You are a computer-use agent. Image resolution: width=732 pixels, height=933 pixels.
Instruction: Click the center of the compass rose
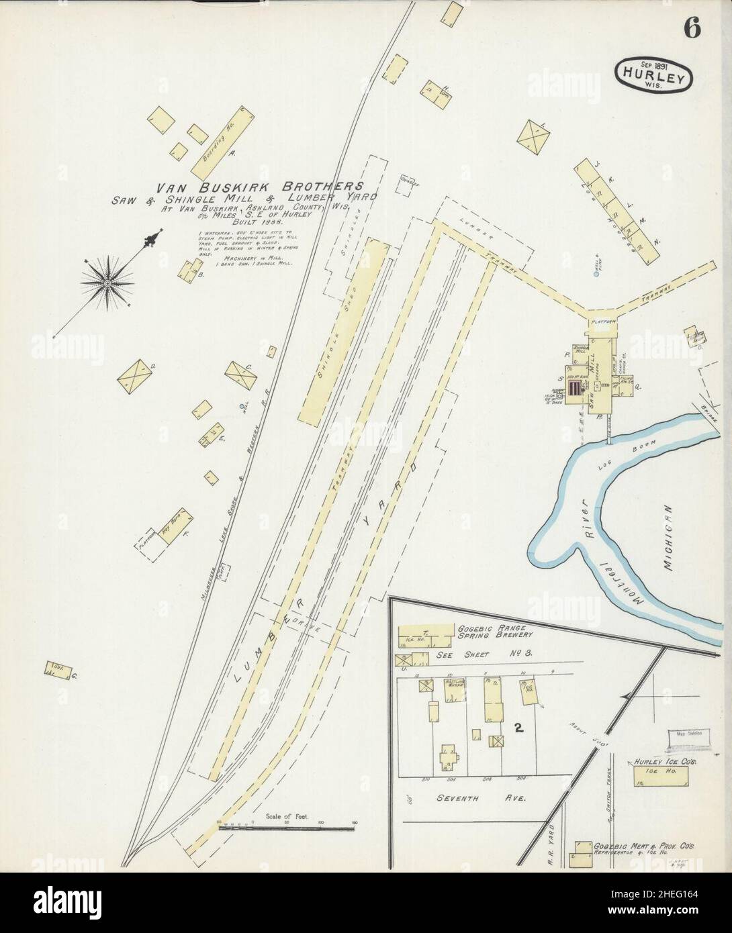[x=106, y=284]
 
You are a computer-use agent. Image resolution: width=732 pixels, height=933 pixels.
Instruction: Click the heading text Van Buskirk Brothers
[x=261, y=186]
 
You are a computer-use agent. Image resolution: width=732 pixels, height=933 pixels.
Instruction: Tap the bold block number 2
[x=518, y=727]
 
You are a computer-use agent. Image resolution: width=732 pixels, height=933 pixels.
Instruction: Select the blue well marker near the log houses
[x=596, y=273]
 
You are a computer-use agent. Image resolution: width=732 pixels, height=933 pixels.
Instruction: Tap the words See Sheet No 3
[x=484, y=651]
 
